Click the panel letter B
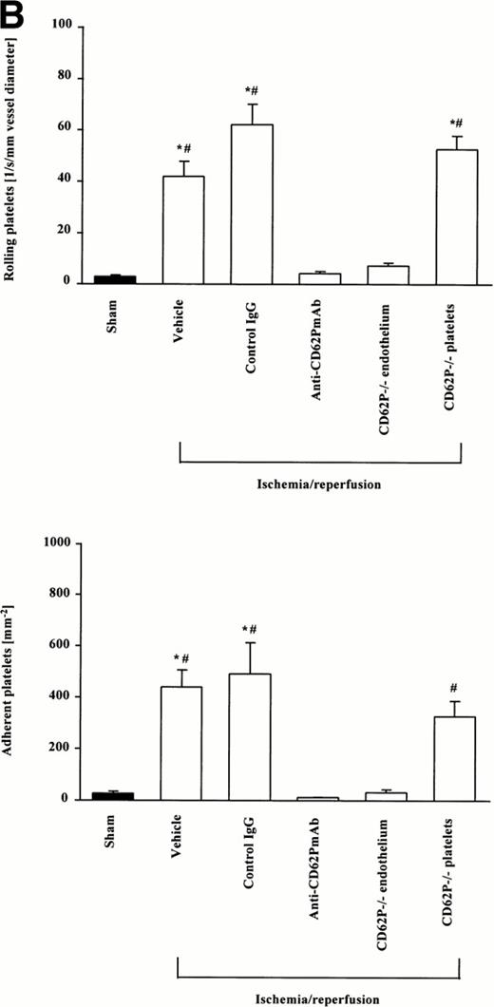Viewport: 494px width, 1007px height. pyautogui.click(x=16, y=13)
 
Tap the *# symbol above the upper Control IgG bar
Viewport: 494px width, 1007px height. pyautogui.click(x=252, y=91)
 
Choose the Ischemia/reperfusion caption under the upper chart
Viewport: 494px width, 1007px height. pyautogui.click(x=321, y=483)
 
